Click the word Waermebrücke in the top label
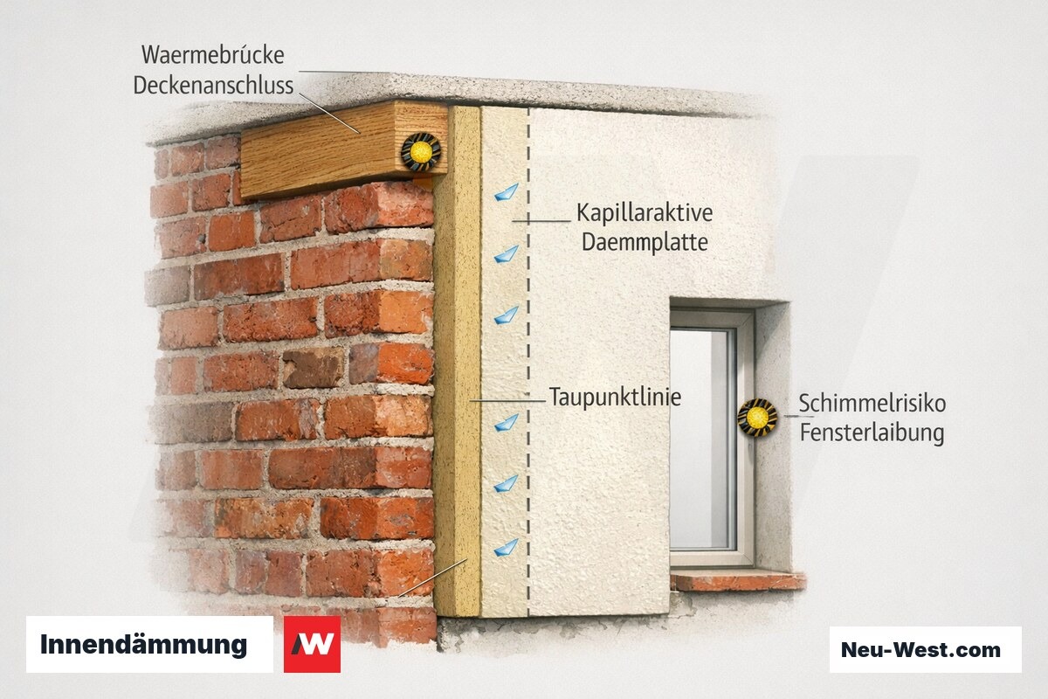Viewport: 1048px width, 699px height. tap(213, 55)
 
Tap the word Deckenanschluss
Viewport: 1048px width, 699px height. tap(213, 86)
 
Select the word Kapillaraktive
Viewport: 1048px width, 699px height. tap(645, 213)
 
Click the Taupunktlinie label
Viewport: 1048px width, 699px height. tap(615, 397)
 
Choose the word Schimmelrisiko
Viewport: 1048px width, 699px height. tap(872, 403)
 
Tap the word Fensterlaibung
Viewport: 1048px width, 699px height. tap(872, 433)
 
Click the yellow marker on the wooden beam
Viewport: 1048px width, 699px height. tap(421, 151)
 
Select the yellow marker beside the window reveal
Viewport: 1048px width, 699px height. tap(757, 417)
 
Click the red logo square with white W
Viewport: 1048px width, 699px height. tap(312, 644)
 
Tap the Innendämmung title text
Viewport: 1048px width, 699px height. tap(143, 645)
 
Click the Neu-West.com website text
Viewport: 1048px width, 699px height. tap(920, 650)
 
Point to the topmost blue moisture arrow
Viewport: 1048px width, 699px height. tap(507, 192)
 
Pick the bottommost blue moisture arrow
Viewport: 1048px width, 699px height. tap(507, 548)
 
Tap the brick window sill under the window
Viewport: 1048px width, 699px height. tap(738, 582)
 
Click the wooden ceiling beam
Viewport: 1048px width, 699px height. tap(344, 149)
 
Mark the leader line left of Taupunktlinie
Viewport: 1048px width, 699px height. tap(507, 401)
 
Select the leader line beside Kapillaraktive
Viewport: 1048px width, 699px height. tap(541, 220)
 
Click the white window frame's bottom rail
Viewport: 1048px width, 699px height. tap(710, 558)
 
